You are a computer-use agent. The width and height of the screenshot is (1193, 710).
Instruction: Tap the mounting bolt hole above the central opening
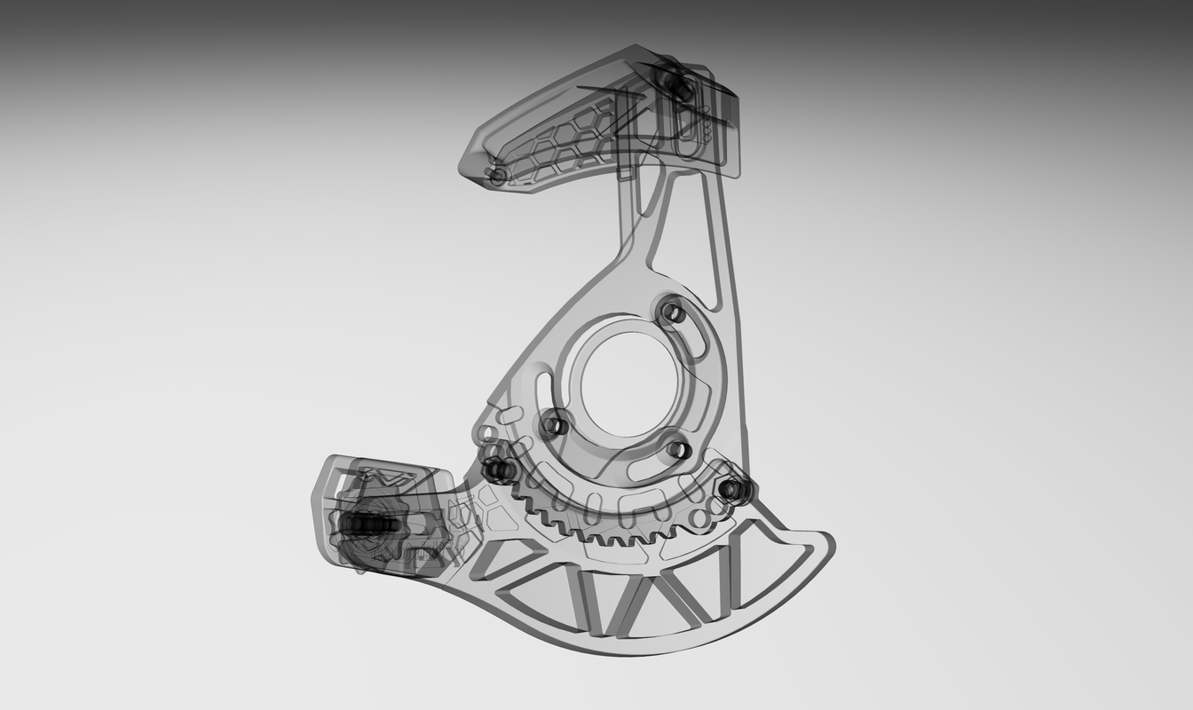tap(673, 312)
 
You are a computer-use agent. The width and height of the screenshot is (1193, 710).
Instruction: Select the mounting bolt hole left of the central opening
tap(554, 425)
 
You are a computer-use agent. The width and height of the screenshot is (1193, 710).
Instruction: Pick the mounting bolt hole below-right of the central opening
tap(678, 449)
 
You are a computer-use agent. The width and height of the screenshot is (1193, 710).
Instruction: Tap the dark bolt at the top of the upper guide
tap(678, 86)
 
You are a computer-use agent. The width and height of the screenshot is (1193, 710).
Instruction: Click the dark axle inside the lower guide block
tap(368, 525)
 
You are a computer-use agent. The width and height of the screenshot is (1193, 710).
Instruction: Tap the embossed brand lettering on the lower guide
tap(407, 554)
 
